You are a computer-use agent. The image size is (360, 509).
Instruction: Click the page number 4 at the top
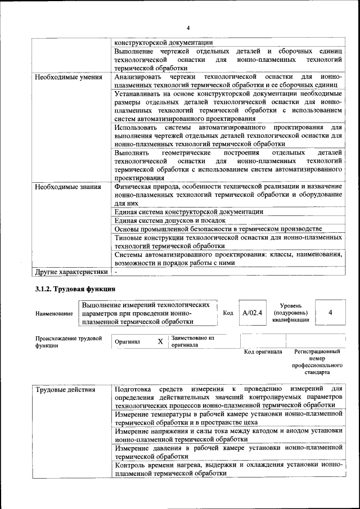click(x=188, y=28)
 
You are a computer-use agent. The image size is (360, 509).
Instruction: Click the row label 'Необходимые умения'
click(x=68, y=77)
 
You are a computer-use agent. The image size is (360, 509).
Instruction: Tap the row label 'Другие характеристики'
click(x=71, y=272)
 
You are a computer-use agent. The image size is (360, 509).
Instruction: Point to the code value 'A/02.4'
click(x=252, y=313)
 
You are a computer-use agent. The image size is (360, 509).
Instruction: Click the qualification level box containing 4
click(x=330, y=313)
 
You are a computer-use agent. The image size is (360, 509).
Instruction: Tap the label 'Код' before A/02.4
click(x=228, y=313)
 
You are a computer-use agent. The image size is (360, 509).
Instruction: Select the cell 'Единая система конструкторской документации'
click(x=188, y=212)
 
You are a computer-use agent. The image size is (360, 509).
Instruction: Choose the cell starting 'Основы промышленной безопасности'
click(x=218, y=229)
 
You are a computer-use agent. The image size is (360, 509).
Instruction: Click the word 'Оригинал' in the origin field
click(x=127, y=341)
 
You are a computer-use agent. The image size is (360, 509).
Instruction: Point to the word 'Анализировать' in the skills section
click(x=138, y=76)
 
